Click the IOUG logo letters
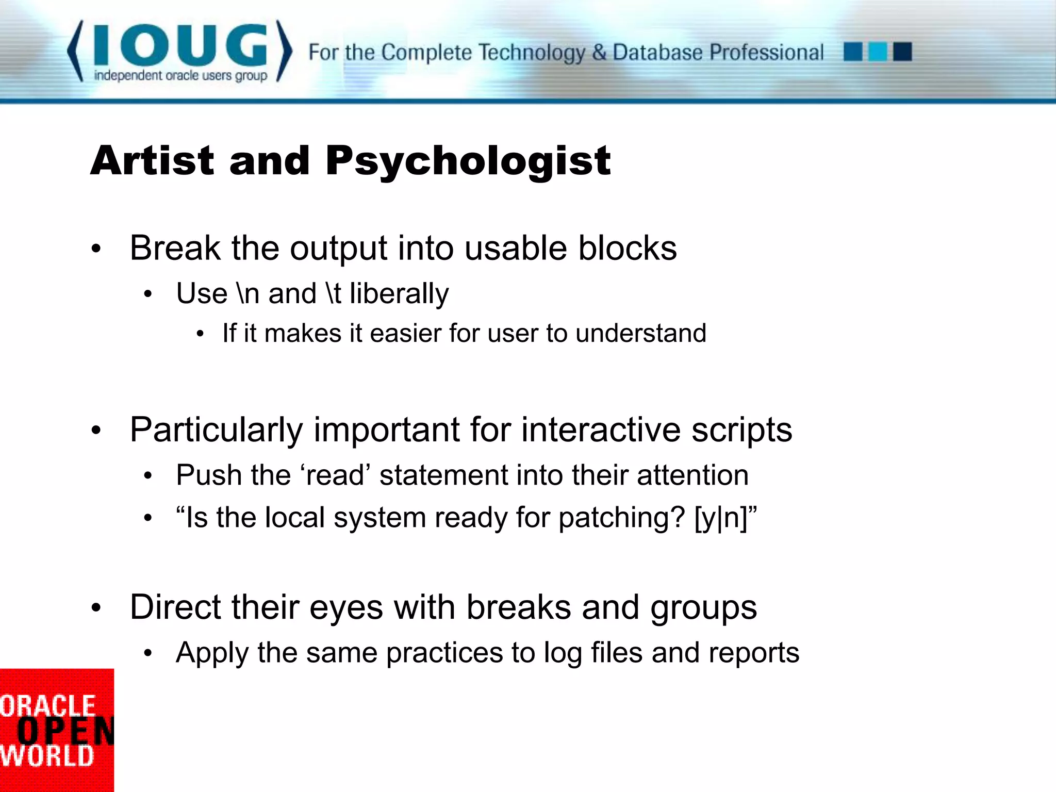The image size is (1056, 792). click(180, 45)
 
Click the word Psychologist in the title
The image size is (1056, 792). click(468, 161)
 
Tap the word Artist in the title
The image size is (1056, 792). click(152, 161)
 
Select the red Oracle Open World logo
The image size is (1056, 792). click(56, 730)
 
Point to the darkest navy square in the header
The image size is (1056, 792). click(902, 52)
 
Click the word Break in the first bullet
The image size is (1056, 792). click(175, 248)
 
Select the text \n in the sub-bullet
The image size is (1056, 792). click(247, 293)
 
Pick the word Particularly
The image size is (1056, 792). click(216, 430)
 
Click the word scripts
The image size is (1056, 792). click(741, 430)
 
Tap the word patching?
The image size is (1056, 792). click(622, 518)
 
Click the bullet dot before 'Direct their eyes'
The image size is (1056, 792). click(96, 607)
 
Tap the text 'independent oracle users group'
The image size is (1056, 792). click(180, 76)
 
